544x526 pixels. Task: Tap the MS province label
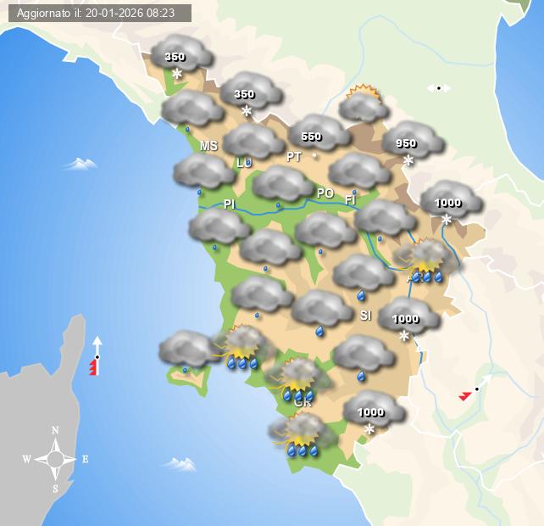(208, 146)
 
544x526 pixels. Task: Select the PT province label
(294, 157)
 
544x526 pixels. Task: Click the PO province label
(325, 193)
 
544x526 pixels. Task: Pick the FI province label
(350, 200)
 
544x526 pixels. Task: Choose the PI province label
(229, 204)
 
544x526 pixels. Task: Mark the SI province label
(365, 316)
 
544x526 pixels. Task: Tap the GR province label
(303, 403)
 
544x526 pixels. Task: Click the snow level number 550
(311, 137)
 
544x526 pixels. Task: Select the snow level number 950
(406, 143)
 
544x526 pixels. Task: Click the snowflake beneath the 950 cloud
(408, 160)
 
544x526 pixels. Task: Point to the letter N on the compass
(56, 430)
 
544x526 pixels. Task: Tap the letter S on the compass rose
(56, 488)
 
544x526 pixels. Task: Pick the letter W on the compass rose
(26, 460)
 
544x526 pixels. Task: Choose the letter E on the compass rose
(85, 460)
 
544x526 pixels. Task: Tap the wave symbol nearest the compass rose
(180, 463)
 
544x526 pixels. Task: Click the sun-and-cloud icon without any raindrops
(364, 104)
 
